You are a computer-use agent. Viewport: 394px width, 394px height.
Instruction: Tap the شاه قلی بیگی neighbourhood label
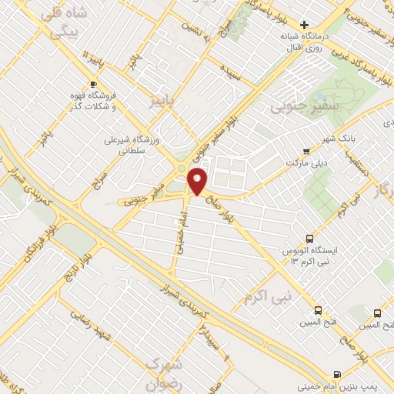[x=64, y=23]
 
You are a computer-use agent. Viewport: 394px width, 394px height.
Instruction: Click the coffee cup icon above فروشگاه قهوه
[x=93, y=83]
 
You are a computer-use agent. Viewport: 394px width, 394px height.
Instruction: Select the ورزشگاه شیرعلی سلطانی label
[x=134, y=147]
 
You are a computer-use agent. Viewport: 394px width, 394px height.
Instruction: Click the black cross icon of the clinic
[x=306, y=25]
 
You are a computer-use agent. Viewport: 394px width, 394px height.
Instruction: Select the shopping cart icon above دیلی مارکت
[x=307, y=152]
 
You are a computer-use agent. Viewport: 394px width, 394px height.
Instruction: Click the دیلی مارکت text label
[x=307, y=164]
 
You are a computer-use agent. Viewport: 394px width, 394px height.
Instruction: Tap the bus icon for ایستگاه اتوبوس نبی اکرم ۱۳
[x=309, y=238]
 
